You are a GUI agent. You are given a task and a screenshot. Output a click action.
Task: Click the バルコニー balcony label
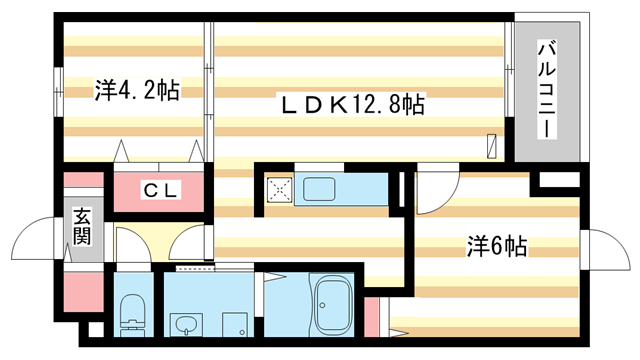548,89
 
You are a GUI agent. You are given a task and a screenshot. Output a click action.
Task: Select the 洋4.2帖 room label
137,91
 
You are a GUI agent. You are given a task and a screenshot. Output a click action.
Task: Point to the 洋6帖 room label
497,245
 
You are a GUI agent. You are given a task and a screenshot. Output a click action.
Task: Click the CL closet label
160,190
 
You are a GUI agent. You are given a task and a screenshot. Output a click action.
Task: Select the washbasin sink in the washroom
186,323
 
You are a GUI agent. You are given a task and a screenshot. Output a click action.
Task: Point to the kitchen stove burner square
279,188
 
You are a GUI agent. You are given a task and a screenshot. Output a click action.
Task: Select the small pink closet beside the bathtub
371,315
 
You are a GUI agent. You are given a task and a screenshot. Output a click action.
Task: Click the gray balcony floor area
548,130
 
